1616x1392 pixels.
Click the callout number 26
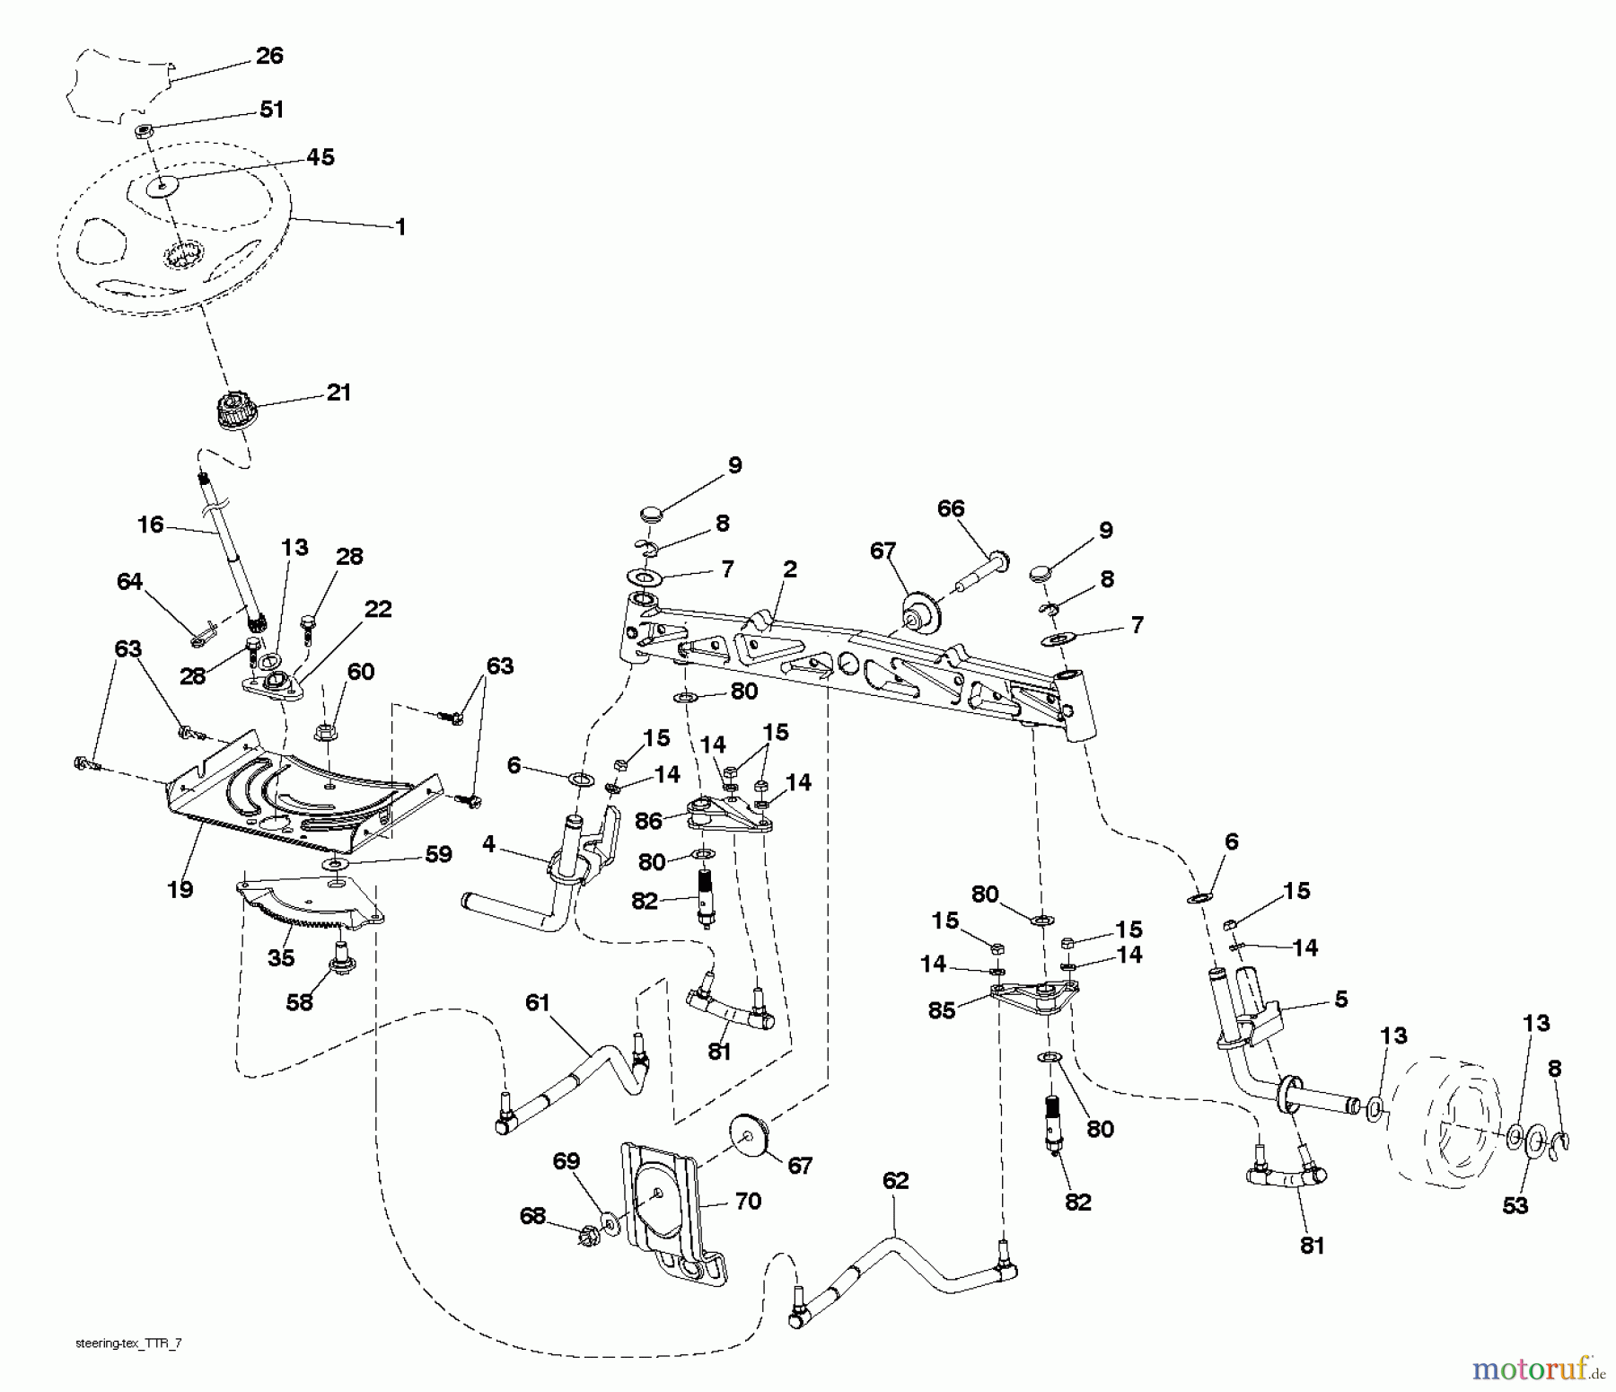[x=269, y=56]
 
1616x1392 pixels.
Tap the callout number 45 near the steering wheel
[x=320, y=157]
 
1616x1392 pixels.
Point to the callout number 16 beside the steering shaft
[x=150, y=524]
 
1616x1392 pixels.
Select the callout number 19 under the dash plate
[x=180, y=889]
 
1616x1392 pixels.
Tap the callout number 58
[x=299, y=1001]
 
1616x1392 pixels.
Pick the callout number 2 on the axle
[x=789, y=569]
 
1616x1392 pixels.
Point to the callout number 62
[x=895, y=1181]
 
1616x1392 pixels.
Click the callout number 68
[x=532, y=1216]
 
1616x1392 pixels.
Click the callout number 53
[x=1515, y=1205]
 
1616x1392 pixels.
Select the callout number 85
[x=942, y=1010]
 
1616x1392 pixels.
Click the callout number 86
[x=648, y=820]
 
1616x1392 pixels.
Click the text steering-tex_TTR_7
[x=130, y=1344]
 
